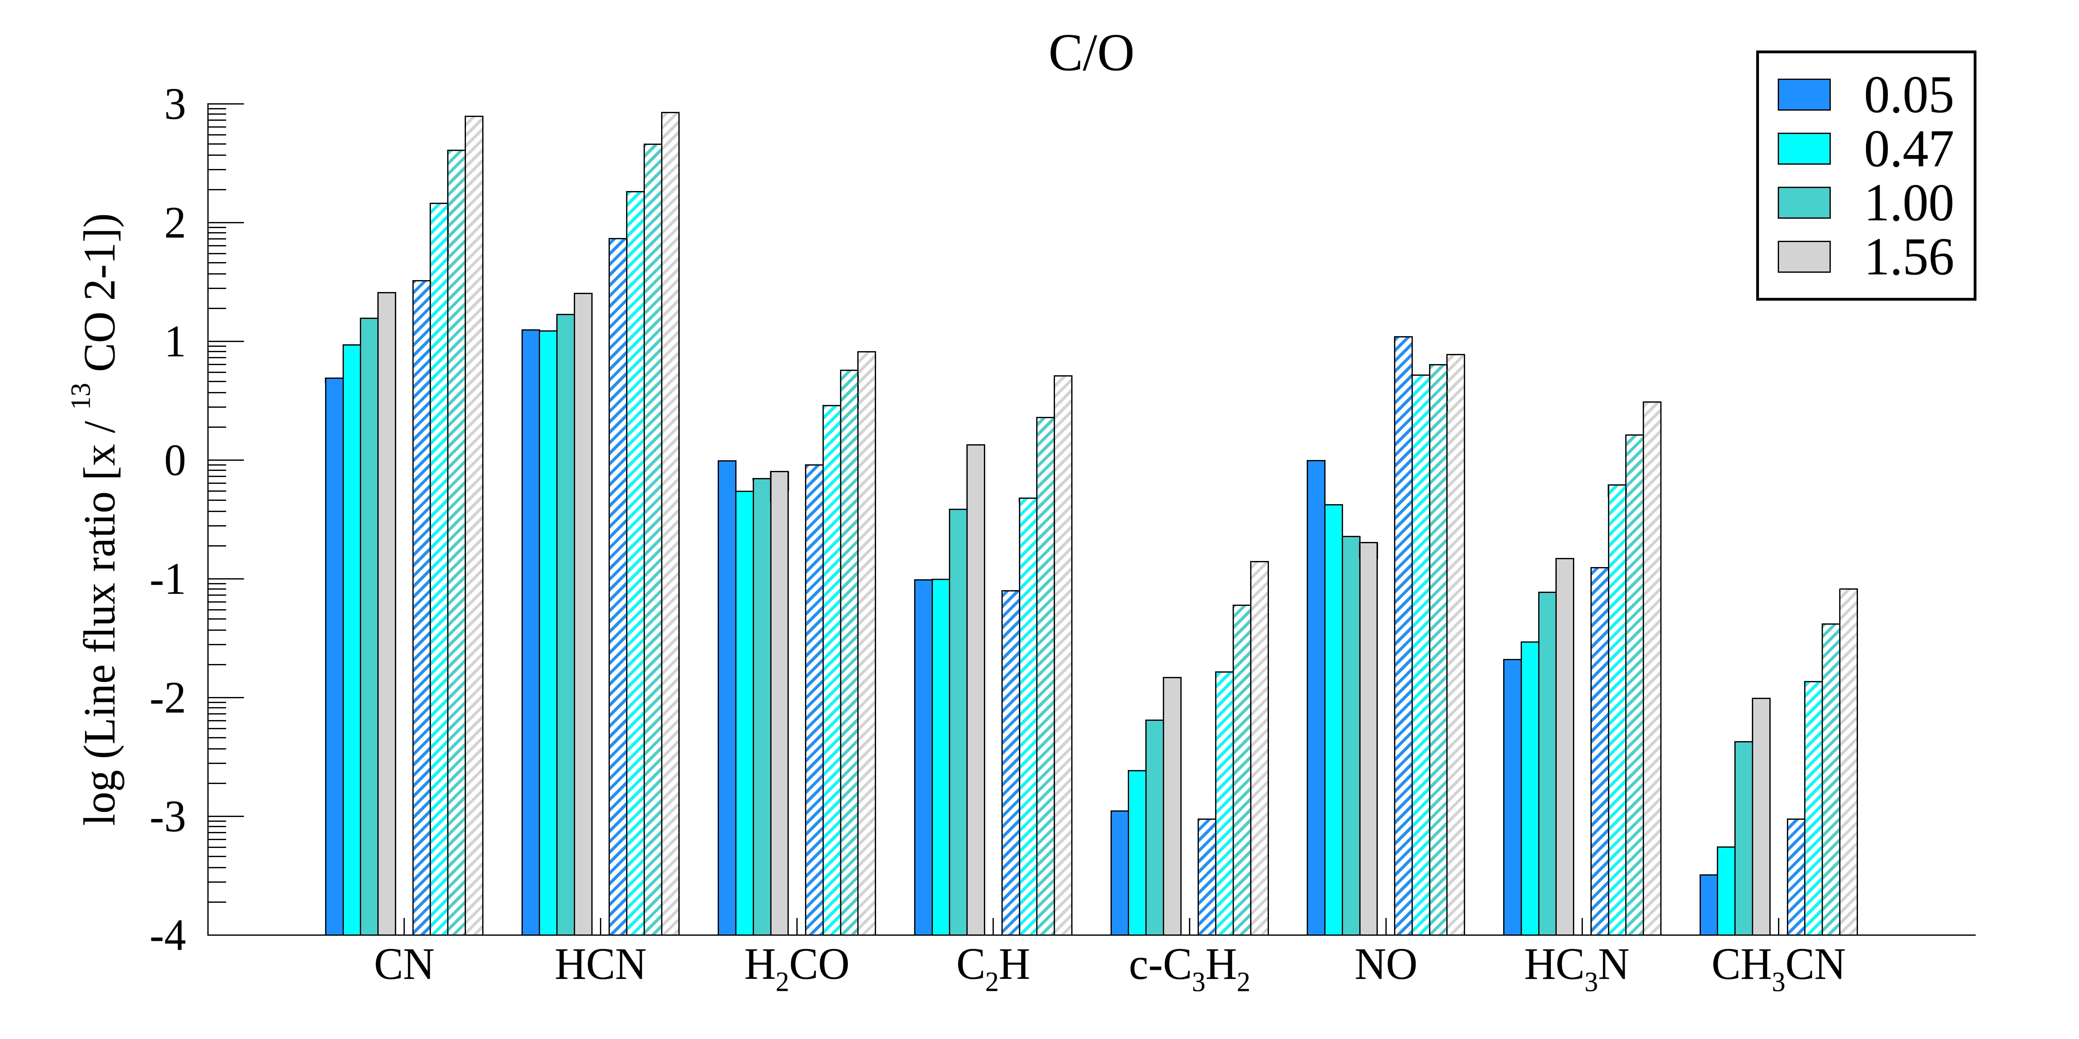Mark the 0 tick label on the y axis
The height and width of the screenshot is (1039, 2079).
point(175,462)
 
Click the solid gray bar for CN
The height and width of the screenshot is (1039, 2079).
point(387,613)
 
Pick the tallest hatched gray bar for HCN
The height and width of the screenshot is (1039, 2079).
point(670,524)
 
